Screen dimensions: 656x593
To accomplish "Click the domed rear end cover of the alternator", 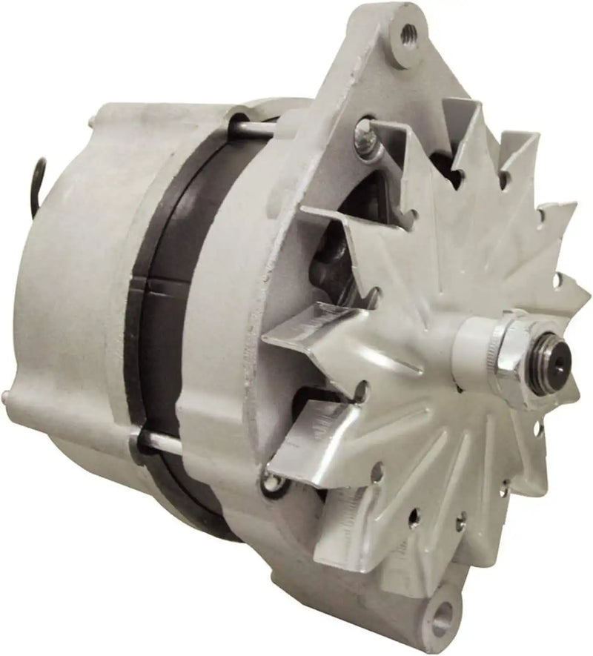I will pyautogui.click(x=67, y=296).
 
